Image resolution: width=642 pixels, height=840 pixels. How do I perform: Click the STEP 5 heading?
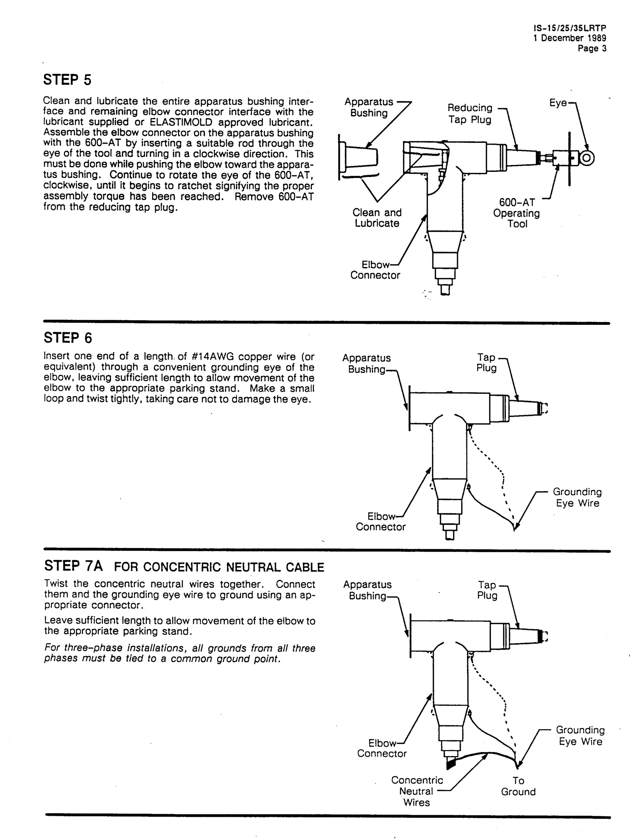(x=67, y=80)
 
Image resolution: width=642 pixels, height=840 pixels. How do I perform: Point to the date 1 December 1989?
(x=570, y=38)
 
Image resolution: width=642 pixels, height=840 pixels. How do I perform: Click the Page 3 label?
(x=592, y=48)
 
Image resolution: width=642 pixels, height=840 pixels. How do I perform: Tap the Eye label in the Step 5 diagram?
(x=558, y=103)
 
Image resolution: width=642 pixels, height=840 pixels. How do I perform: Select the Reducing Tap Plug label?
(x=470, y=114)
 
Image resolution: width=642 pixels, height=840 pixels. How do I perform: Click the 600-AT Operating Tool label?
(x=517, y=213)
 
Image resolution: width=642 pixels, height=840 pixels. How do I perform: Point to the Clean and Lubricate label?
(x=377, y=218)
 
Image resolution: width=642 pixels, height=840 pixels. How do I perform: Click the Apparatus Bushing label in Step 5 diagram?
(x=369, y=108)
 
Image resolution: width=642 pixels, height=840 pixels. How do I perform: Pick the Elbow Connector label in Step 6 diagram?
(x=381, y=522)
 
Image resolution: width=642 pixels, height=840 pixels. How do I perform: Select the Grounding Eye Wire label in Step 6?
(x=577, y=497)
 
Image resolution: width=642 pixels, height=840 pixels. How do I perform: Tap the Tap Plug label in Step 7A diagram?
(x=487, y=590)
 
